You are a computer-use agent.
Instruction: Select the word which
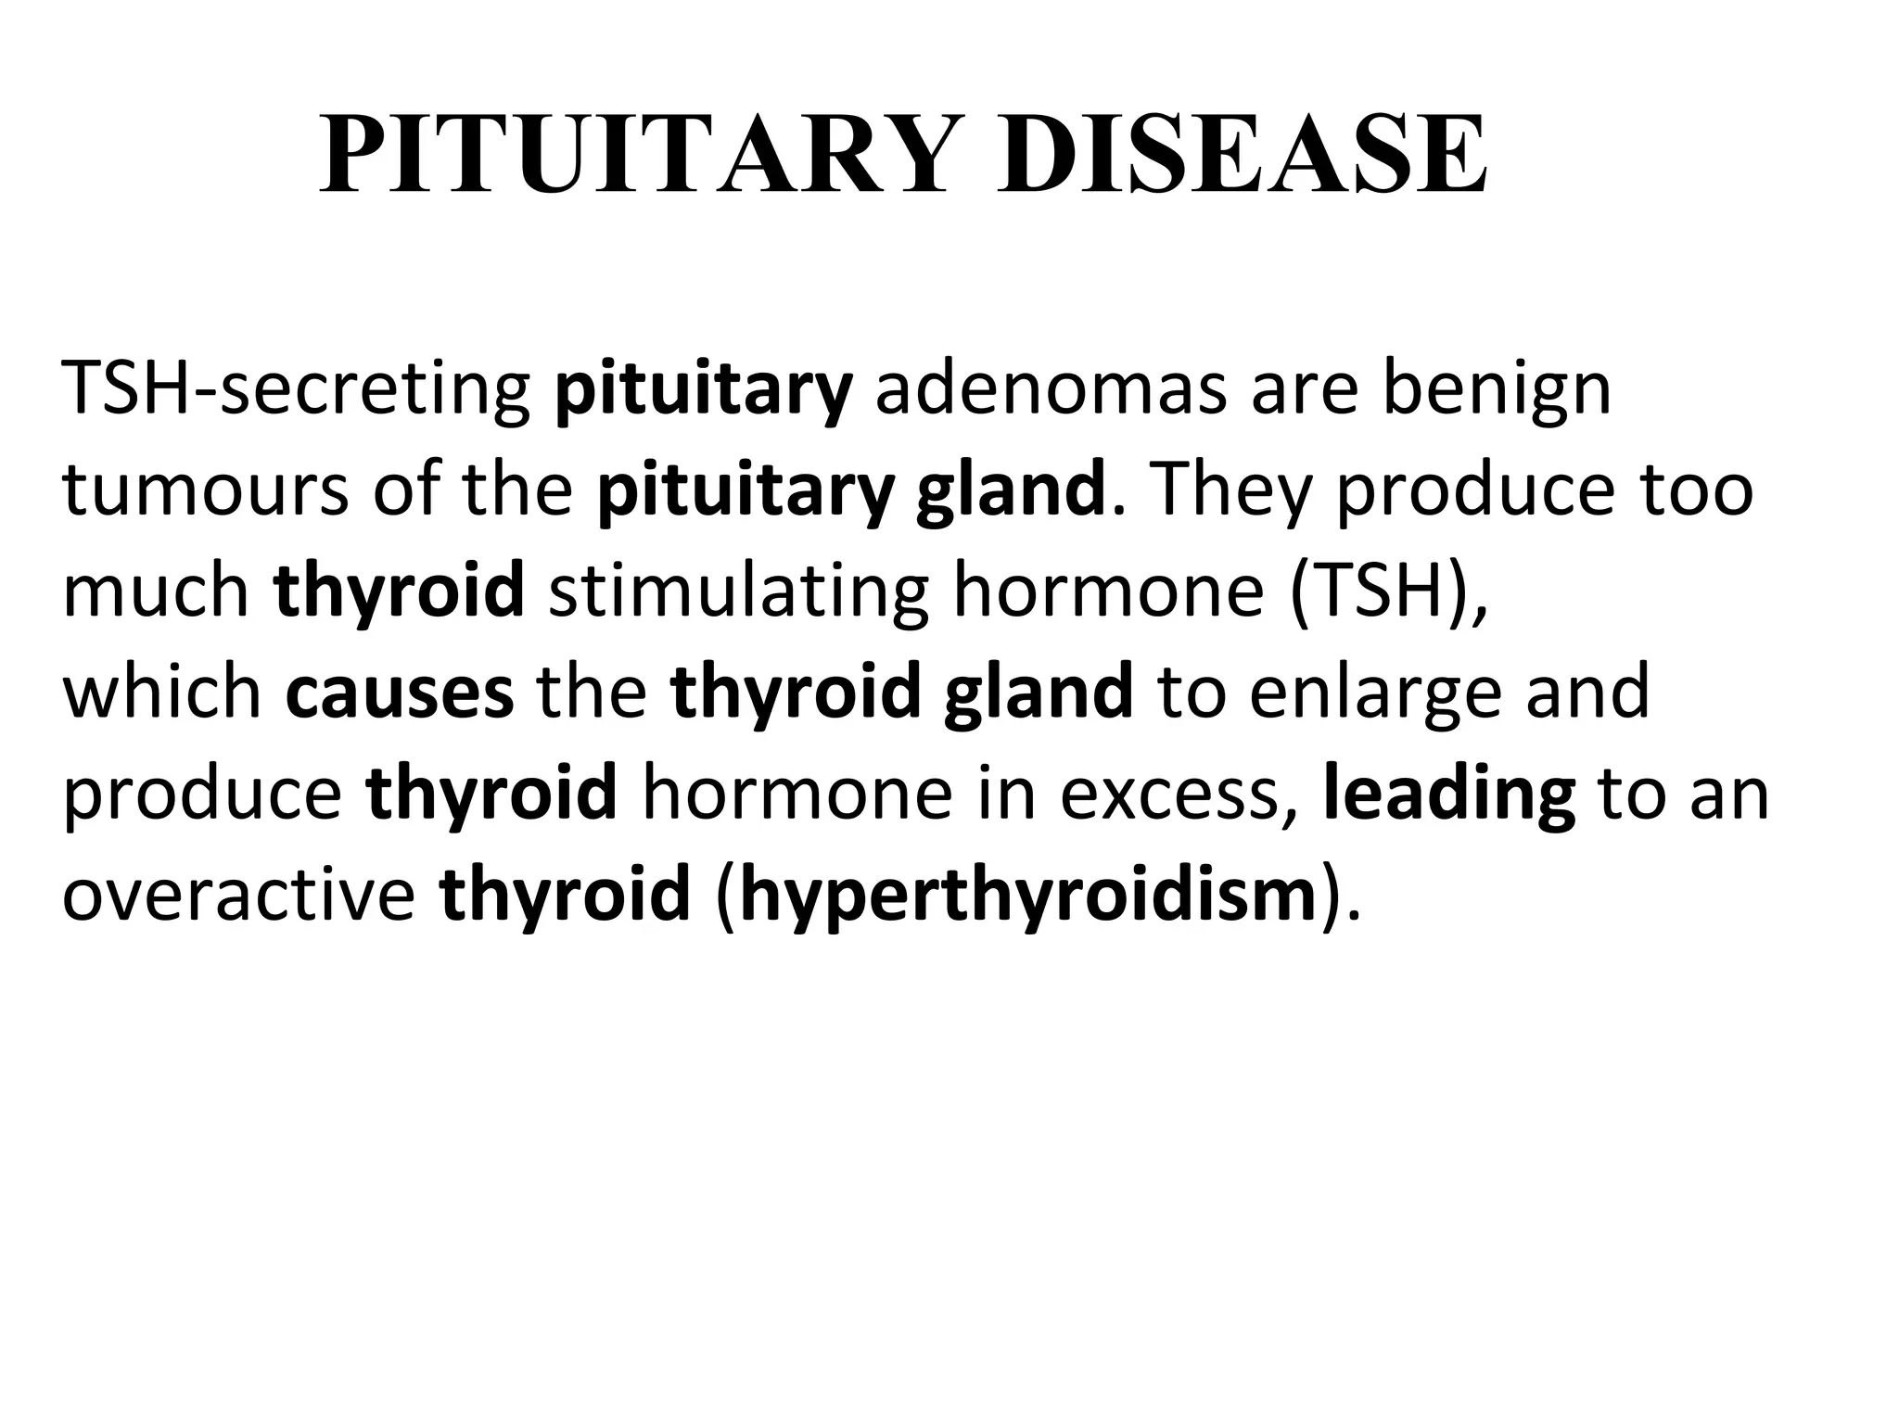pyautogui.click(x=162, y=693)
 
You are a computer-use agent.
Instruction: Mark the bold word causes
pyautogui.click(x=400, y=693)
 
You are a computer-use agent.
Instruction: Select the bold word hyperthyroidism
pyautogui.click(x=1028, y=896)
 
